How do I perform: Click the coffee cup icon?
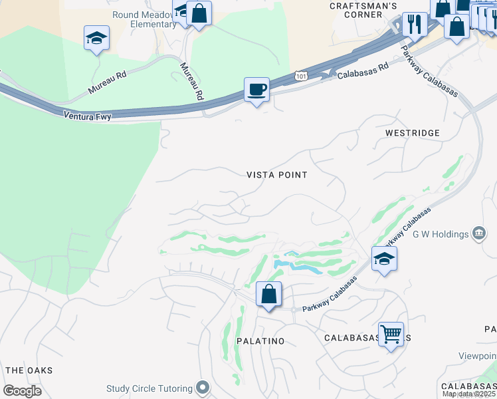click(x=256, y=89)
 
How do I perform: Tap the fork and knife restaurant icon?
click(x=415, y=25)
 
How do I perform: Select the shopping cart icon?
click(x=391, y=334)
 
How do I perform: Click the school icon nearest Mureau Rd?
click(x=96, y=39)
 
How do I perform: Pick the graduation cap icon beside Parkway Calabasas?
click(x=384, y=259)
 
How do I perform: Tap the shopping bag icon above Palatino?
click(x=268, y=294)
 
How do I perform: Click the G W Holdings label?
click(x=441, y=233)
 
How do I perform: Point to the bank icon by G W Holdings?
click(x=479, y=233)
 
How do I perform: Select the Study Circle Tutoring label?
click(x=149, y=388)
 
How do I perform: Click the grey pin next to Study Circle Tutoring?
click(x=203, y=388)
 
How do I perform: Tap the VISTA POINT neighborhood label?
click(x=277, y=175)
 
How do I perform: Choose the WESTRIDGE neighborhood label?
click(x=413, y=133)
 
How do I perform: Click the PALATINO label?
click(x=260, y=341)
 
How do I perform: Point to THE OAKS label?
click(x=29, y=370)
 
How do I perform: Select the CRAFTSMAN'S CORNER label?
click(x=364, y=10)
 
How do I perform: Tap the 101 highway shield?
click(x=302, y=76)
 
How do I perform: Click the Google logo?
click(x=22, y=390)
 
